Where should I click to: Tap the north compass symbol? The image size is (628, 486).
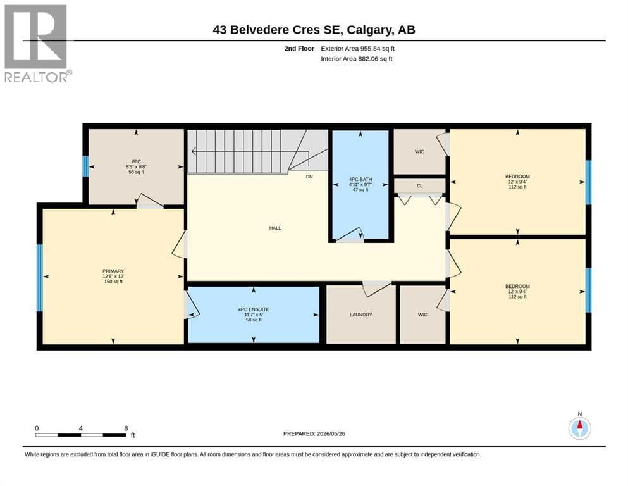579,428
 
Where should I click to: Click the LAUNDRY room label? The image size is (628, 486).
361,315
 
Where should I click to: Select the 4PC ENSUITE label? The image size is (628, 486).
254,309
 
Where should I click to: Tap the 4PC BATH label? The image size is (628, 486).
360,180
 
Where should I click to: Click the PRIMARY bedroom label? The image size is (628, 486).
113,271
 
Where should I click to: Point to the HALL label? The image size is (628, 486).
275,228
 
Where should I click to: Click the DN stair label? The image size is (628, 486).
309,177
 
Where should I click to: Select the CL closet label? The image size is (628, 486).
420,186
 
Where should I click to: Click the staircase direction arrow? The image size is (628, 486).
250,151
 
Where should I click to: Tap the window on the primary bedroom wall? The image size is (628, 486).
40,278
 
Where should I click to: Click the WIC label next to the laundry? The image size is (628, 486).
422,315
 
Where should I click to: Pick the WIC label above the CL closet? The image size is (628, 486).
419,151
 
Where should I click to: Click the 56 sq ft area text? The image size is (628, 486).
136,172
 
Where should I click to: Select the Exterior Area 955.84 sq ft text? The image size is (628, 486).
358,49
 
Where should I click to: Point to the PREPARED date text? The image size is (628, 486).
314,433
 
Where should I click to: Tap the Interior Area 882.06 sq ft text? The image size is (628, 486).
357,59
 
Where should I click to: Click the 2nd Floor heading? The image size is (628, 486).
299,49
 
